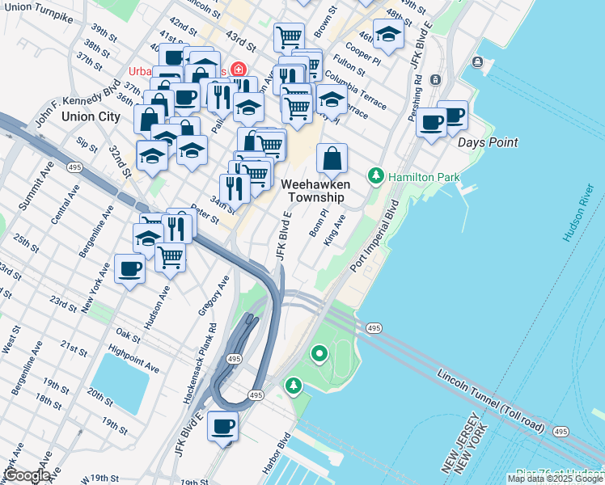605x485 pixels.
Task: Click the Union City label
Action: coord(91,116)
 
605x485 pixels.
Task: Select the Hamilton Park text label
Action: coord(424,176)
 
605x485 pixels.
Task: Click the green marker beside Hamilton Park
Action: coord(375,175)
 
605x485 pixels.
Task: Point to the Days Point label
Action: coord(487,142)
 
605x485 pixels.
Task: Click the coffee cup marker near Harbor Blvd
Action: coord(222,427)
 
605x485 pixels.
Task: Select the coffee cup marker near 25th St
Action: coord(129,270)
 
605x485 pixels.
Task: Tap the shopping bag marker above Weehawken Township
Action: coord(332,159)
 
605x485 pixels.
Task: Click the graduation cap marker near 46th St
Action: coord(388,35)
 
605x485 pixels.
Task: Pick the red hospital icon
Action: coord(239,70)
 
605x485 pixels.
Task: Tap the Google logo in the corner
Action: coord(26,474)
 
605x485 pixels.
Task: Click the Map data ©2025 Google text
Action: coord(555,479)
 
